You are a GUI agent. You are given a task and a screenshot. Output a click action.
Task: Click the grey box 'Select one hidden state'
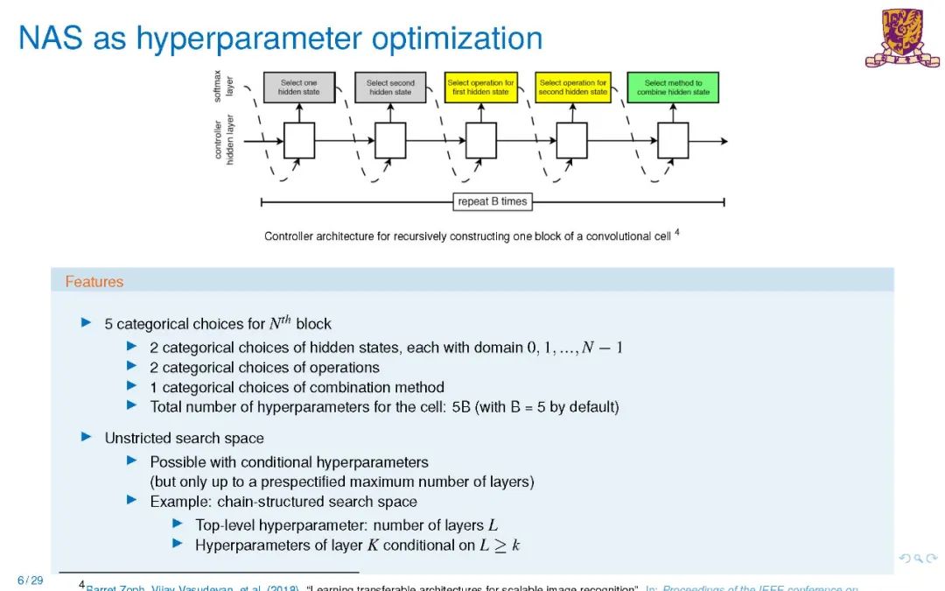pyautogui.click(x=299, y=88)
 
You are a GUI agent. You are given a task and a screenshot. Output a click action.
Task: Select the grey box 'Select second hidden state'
pyautogui.click(x=390, y=88)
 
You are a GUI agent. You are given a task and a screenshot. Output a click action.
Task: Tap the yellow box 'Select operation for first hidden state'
pyautogui.click(x=481, y=88)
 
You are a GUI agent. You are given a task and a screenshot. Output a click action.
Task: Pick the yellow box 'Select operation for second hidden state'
pyautogui.click(x=573, y=88)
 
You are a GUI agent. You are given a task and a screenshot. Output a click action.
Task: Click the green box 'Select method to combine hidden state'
pyautogui.click(x=673, y=88)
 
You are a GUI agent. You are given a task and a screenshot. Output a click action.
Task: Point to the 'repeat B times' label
pyautogui.click(x=493, y=201)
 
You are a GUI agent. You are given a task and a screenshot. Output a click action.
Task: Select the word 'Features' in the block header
pyautogui.click(x=94, y=282)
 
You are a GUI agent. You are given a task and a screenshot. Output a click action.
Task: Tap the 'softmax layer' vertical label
pyautogui.click(x=224, y=86)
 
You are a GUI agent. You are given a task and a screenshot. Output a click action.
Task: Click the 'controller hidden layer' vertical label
pyautogui.click(x=224, y=140)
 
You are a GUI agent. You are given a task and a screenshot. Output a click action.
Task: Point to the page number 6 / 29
pyautogui.click(x=30, y=580)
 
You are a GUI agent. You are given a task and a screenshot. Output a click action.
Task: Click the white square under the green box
pyautogui.click(x=673, y=141)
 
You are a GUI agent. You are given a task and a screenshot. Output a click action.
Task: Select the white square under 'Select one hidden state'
pyautogui.click(x=299, y=141)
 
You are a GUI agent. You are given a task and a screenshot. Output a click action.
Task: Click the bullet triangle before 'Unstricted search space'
pyautogui.click(x=86, y=436)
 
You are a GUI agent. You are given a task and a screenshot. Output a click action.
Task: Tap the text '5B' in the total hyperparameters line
pyautogui.click(x=461, y=407)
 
